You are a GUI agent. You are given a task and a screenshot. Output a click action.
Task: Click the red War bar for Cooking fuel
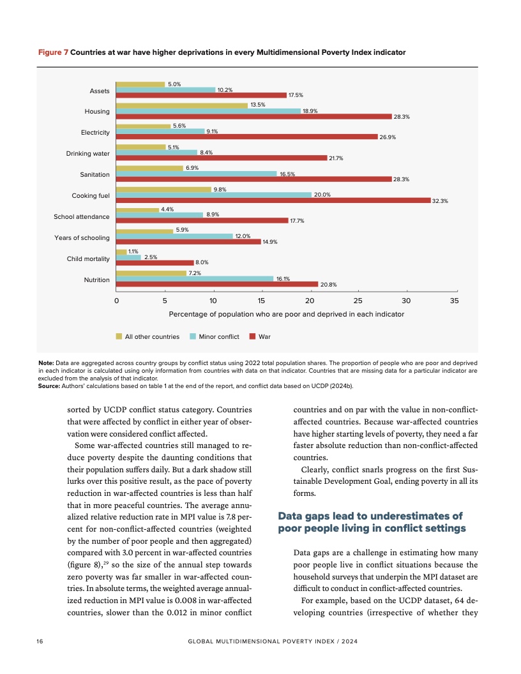(273, 200)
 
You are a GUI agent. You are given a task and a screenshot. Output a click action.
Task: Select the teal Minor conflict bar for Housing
(208, 111)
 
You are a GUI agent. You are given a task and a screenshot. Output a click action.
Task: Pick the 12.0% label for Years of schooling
(241, 236)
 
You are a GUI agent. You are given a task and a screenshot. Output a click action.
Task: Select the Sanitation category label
(94, 174)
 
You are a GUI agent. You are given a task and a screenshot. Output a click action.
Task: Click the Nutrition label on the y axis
(96, 280)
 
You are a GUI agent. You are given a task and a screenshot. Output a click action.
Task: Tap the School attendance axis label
(82, 216)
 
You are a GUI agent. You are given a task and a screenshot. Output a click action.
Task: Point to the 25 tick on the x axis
(358, 300)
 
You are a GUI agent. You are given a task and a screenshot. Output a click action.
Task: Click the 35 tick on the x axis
(454, 300)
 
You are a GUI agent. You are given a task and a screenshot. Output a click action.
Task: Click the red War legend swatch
(252, 336)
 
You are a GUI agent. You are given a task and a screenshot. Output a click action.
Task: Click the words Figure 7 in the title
(54, 52)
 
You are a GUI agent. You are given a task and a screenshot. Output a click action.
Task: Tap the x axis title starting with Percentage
(286, 314)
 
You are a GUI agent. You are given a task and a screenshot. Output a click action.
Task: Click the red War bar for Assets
(201, 95)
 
